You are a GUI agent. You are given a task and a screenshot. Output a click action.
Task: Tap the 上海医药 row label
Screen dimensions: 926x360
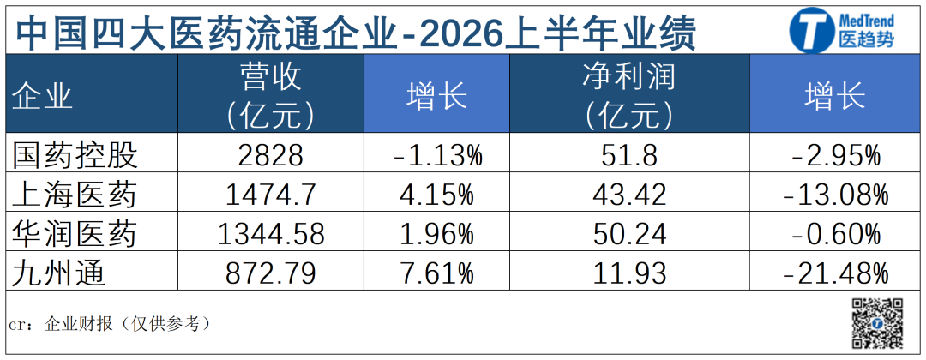[75, 195]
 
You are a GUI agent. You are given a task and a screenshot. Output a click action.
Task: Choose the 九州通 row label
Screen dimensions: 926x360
[59, 273]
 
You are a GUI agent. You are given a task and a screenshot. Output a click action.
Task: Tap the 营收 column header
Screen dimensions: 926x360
[271, 77]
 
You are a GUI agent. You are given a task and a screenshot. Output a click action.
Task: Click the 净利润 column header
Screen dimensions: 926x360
[629, 77]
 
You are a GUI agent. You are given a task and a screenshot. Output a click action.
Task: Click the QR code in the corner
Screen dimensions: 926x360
[877, 323]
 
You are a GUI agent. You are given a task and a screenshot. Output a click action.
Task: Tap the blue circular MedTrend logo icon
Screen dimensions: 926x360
[811, 29]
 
